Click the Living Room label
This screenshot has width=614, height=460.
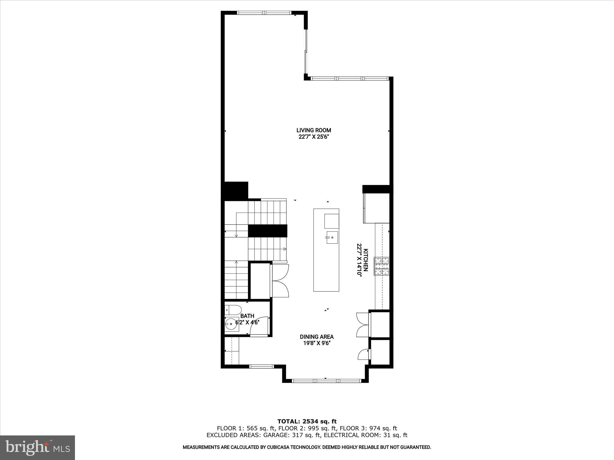[314, 130]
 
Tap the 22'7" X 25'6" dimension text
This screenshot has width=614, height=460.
[314, 137]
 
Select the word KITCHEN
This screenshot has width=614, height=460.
[366, 260]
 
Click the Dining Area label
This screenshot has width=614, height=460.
[317, 337]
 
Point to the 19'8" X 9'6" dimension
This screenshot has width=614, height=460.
[317, 344]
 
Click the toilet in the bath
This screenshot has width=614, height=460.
[233, 309]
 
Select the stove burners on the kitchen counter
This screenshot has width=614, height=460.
[381, 266]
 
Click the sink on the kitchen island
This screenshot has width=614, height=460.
[332, 237]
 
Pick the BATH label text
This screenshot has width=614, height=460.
[247, 316]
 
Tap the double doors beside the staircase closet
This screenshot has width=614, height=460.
[280, 281]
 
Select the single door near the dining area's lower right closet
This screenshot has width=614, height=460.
[364, 354]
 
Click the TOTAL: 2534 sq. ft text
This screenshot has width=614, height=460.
[307, 422]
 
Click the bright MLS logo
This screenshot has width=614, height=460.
[37, 448]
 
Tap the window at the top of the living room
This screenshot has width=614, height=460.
[264, 13]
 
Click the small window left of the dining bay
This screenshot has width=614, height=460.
[262, 366]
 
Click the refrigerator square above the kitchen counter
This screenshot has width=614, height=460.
[376, 208]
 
